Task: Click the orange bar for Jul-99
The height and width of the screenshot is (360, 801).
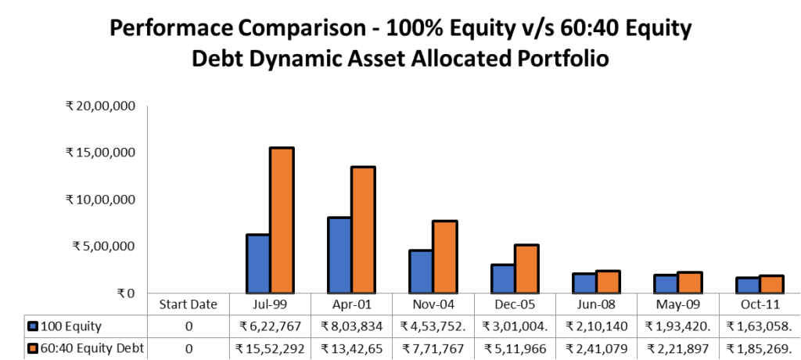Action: click(x=282, y=221)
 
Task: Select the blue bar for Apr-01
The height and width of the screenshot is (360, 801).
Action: click(x=339, y=255)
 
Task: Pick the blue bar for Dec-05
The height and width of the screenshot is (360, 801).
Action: click(x=503, y=279)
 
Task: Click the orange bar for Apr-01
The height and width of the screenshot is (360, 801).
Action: click(x=363, y=230)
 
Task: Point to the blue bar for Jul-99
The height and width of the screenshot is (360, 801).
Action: click(x=258, y=264)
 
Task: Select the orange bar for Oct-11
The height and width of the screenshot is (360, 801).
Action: click(x=770, y=284)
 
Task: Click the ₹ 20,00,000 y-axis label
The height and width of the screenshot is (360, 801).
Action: click(x=102, y=106)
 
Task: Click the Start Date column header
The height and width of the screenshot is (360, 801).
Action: click(x=188, y=304)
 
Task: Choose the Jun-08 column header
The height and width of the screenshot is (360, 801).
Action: click(x=595, y=304)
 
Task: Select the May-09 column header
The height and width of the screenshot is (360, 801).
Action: click(x=677, y=304)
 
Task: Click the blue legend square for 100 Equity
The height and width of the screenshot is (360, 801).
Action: click(x=33, y=326)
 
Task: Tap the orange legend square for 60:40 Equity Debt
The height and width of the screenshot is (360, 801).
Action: click(x=33, y=347)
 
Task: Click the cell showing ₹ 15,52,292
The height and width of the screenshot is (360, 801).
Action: click(x=269, y=347)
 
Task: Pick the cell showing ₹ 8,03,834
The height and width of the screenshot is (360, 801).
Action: click(x=351, y=326)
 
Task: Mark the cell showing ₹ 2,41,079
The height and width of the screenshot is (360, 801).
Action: click(x=595, y=347)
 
